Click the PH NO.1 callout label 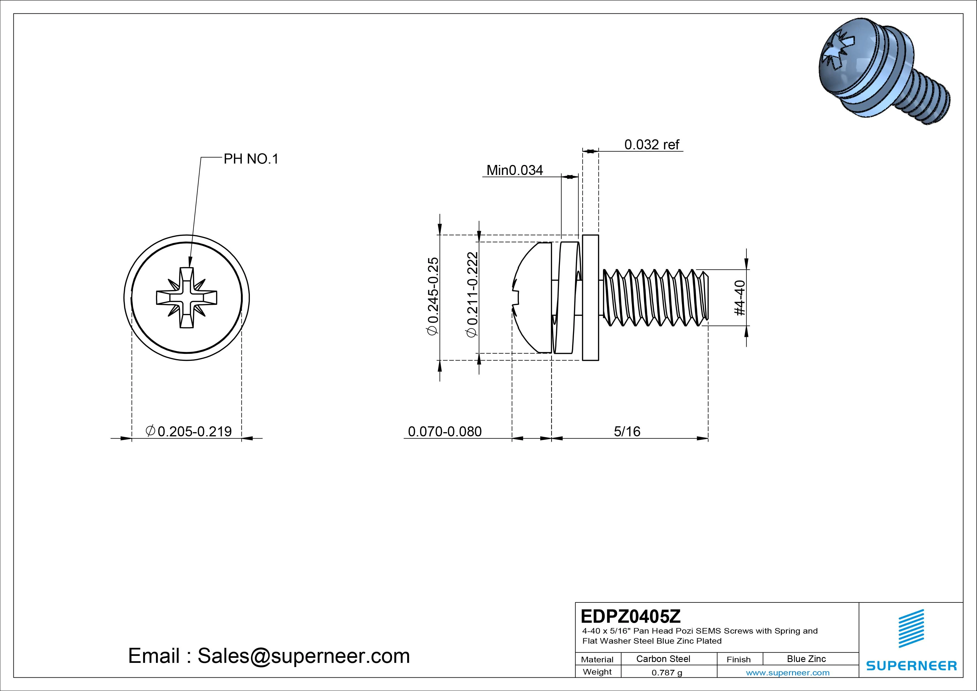point(251,159)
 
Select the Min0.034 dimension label point(514,170)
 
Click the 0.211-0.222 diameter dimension point(472,295)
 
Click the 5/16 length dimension point(627,431)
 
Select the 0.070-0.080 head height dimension point(445,431)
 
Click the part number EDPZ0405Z point(631,616)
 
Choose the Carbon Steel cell point(663,659)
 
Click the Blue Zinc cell point(806,659)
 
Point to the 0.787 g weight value point(667,673)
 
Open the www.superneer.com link point(788,673)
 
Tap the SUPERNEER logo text point(912,665)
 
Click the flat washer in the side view point(590,298)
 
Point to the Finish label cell point(738,660)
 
